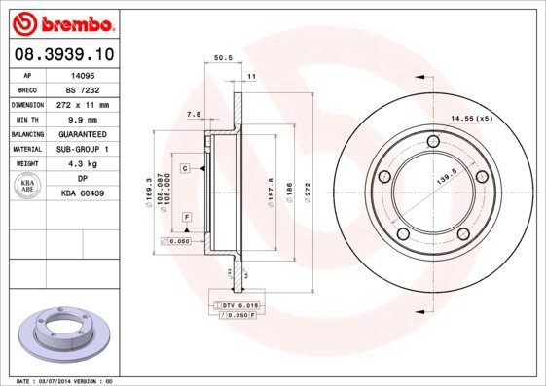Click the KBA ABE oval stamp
(x=28, y=186)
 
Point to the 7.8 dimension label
(x=193, y=115)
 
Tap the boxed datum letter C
(x=184, y=169)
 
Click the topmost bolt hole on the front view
(x=431, y=149)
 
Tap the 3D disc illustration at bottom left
(x=66, y=334)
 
